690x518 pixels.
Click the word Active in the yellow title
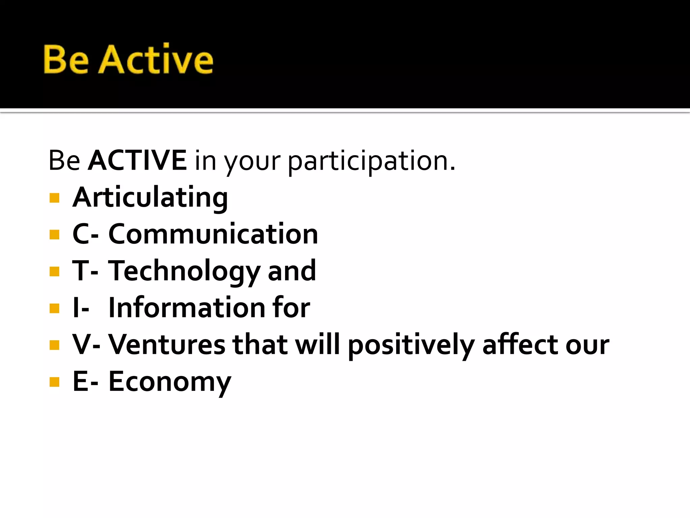tap(156, 59)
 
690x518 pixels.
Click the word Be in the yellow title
tap(66, 59)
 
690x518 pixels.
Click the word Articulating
tap(150, 198)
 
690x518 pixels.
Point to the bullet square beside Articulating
tap(54, 198)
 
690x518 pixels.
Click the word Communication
tap(213, 234)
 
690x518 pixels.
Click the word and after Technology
tap(292, 271)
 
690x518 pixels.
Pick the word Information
tap(187, 308)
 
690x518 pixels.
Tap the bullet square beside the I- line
tap(54, 308)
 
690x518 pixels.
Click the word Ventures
tap(167, 345)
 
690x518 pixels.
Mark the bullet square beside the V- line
tap(54, 345)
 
